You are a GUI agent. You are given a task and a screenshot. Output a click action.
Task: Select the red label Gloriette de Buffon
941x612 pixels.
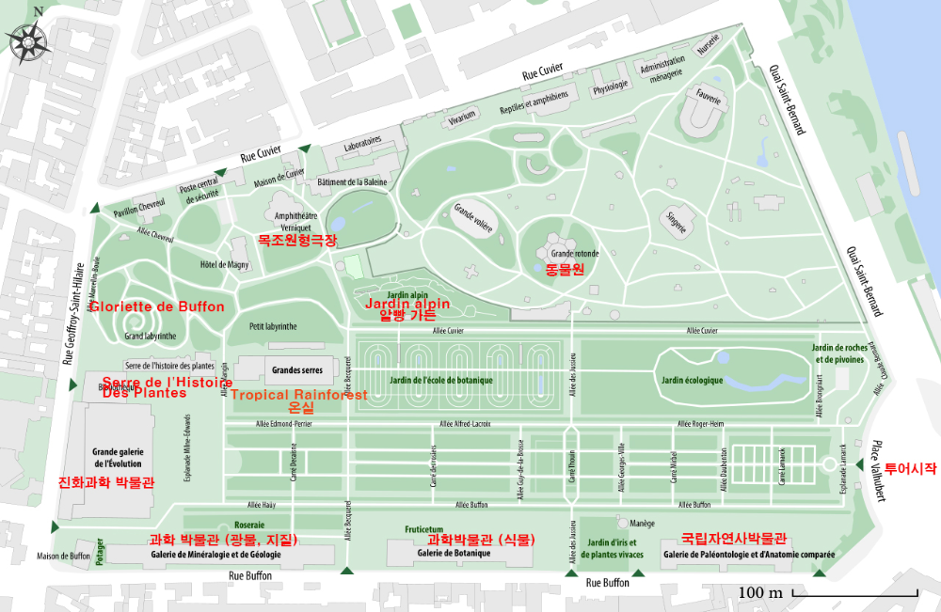[x=157, y=306]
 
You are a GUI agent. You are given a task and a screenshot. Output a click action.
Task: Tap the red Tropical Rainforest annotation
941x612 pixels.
[x=299, y=395]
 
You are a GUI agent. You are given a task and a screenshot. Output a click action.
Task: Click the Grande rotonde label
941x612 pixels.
[x=575, y=254]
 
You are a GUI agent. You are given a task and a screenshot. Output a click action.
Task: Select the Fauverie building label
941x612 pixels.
[x=708, y=98]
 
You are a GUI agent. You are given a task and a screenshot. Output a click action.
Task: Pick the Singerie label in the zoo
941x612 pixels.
[x=676, y=224]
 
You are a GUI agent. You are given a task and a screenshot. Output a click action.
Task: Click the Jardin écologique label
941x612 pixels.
[x=692, y=381]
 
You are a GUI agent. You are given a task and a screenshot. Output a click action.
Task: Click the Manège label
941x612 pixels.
[x=642, y=523]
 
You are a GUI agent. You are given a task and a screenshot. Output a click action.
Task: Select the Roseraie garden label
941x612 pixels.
[x=248, y=526]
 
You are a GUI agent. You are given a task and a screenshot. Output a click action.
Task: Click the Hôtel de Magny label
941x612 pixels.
[x=225, y=265]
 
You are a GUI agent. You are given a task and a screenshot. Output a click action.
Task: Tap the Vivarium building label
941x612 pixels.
[x=463, y=118]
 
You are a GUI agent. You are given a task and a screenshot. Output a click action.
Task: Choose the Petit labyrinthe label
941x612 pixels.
[x=273, y=327]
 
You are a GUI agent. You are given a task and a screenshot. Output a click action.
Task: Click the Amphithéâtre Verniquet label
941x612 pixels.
[x=295, y=220]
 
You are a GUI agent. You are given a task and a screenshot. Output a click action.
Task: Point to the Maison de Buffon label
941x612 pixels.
[x=64, y=556]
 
